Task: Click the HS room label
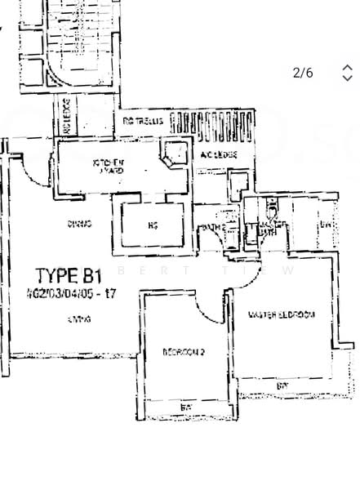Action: (x=151, y=224)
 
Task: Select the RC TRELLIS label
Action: (x=143, y=121)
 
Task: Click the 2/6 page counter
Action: (x=302, y=73)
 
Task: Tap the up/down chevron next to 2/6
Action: (x=347, y=73)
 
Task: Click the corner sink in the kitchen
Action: (x=172, y=153)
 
